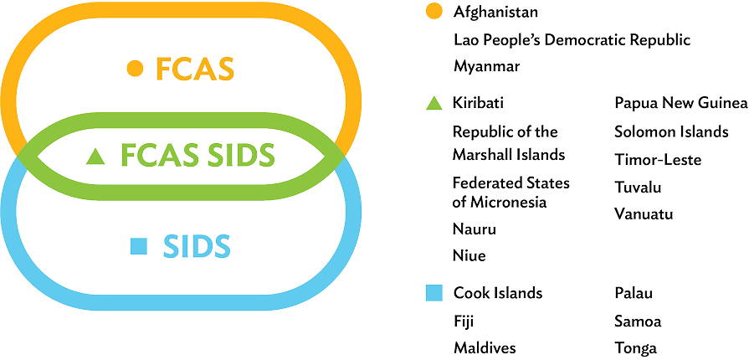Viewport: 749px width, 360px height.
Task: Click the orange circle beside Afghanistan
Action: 433,12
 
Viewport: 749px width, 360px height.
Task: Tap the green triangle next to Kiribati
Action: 433,104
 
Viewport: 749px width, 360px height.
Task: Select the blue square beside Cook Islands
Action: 433,293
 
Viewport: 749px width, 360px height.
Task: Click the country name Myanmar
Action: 487,65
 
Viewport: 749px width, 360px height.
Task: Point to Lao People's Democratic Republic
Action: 572,39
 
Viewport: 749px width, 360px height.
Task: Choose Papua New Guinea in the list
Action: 680,104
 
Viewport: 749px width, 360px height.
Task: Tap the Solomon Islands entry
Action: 670,131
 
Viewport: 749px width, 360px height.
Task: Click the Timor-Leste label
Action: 657,159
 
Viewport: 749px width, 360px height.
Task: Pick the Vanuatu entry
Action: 644,214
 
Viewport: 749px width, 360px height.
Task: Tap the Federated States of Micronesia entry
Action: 510,192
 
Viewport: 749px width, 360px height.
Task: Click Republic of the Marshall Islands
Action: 508,142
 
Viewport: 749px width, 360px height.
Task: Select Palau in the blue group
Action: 633,293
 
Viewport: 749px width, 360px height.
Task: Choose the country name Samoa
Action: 637,321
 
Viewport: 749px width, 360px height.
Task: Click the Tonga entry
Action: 634,348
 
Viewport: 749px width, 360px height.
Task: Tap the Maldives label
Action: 484,348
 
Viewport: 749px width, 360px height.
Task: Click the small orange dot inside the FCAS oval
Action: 131,69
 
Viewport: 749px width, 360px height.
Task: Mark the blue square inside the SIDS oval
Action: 140,246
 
